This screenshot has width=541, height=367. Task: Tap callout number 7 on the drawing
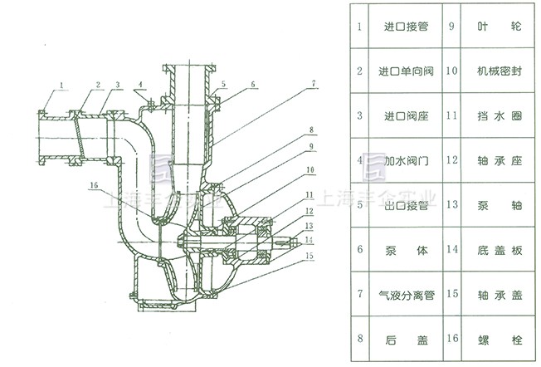pos(314,83)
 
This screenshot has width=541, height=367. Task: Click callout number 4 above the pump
pos(142,85)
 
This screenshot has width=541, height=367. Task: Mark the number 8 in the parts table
pos(359,338)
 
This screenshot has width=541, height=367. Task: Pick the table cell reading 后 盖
pos(406,338)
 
